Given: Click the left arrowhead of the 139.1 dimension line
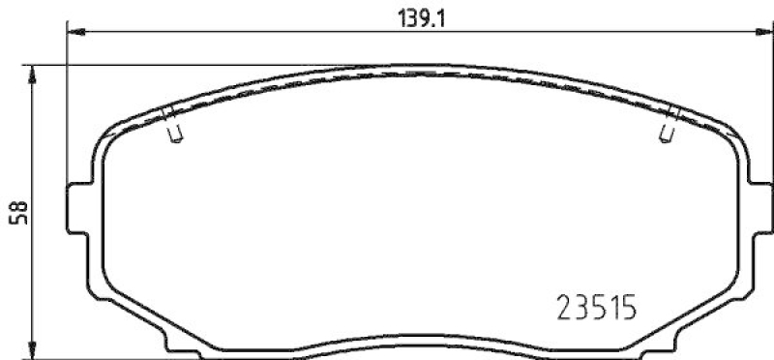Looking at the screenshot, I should click(x=74, y=33).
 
